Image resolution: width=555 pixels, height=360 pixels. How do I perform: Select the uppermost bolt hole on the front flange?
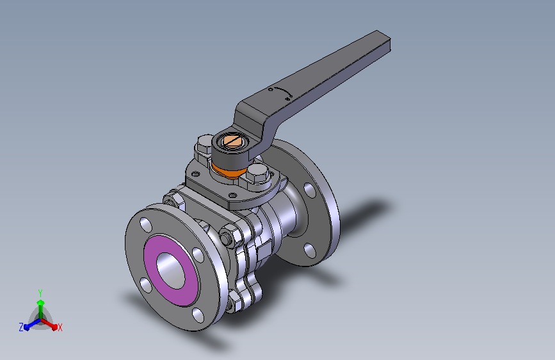tap(145, 225)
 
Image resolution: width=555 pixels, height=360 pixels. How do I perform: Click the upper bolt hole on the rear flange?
tap(309, 190)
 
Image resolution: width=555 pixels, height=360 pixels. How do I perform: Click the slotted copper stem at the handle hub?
tap(231, 140)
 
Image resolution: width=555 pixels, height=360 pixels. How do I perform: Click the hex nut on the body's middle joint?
tap(229, 235)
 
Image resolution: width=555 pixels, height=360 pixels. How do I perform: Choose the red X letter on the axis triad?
tap(60, 327)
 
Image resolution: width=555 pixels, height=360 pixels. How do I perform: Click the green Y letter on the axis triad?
tap(40, 291)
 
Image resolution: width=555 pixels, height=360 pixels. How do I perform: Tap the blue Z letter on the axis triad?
tap(21, 327)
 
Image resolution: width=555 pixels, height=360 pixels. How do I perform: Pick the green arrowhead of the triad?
tap(40, 301)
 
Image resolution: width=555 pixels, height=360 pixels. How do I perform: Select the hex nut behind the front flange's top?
tap(173, 199)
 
